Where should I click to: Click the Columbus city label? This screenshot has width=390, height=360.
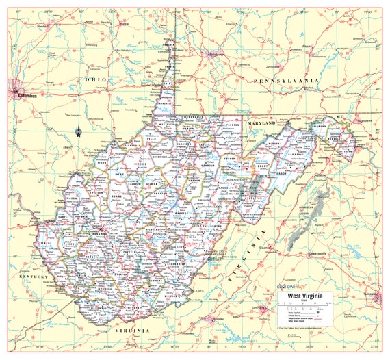point(28,96)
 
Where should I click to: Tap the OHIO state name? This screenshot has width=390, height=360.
point(96,80)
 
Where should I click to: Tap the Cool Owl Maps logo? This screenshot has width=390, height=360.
point(291,287)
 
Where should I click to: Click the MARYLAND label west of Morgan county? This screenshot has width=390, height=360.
point(262,123)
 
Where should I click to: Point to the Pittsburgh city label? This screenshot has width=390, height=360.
point(215,54)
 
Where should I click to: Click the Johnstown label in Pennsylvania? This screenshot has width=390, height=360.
point(274,66)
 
